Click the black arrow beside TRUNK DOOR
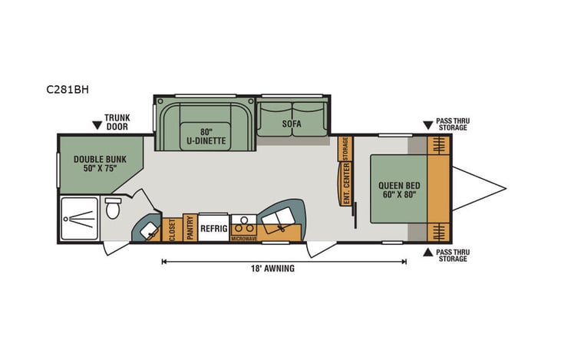click(97, 124)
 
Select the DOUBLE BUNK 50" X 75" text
click(99, 163)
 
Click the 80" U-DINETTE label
click(205, 134)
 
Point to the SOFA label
click(291, 123)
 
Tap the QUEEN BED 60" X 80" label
click(398, 190)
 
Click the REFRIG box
click(213, 228)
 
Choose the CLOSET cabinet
click(172, 230)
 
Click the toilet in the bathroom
click(113, 208)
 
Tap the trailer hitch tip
click(505, 189)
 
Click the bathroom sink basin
click(148, 227)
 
